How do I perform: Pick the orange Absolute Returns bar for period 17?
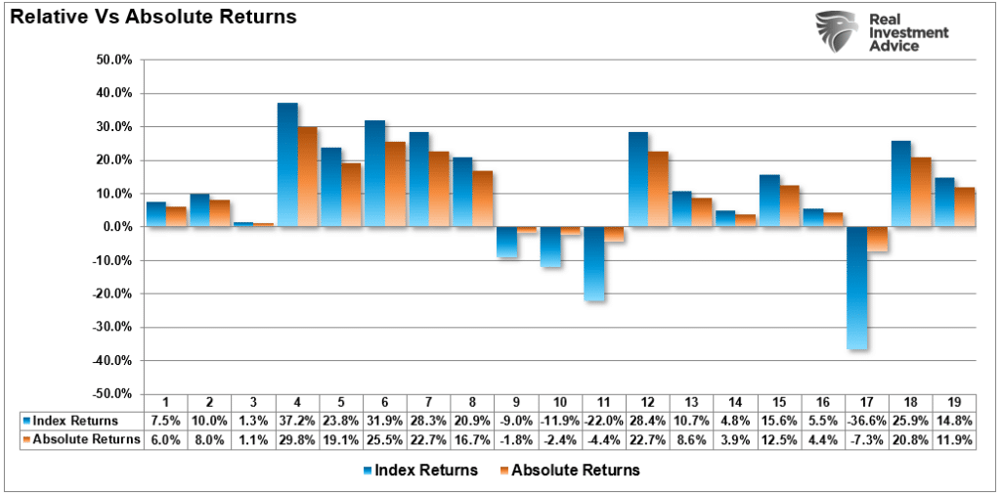click(879, 239)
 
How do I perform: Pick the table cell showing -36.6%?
click(868, 421)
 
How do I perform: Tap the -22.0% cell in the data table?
click(604, 421)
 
